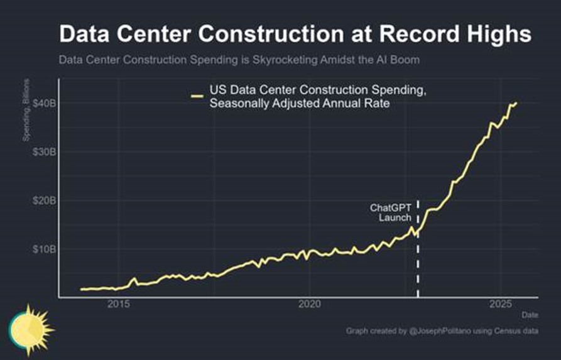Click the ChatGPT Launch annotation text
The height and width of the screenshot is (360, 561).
click(x=391, y=212)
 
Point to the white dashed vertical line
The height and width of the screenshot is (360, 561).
click(x=418, y=264)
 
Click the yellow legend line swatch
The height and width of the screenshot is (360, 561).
click(x=197, y=96)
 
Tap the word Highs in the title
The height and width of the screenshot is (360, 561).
click(x=494, y=34)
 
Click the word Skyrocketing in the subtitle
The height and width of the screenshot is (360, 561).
click(x=250, y=61)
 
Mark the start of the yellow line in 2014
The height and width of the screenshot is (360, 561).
click(x=81, y=289)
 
